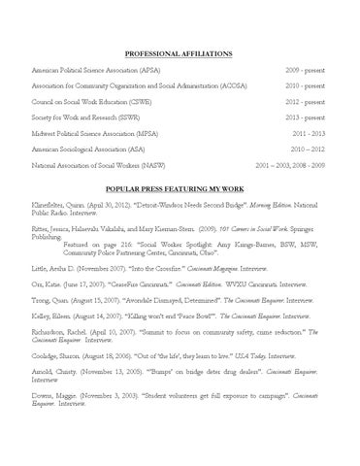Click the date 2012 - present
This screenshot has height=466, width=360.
coord(307,100)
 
